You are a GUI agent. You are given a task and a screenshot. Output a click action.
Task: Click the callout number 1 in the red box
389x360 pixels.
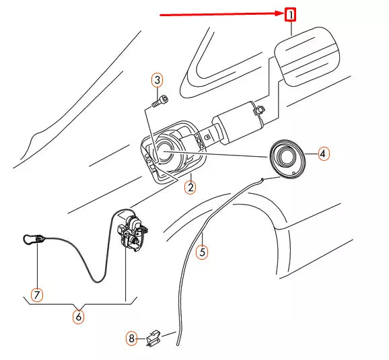(291, 14)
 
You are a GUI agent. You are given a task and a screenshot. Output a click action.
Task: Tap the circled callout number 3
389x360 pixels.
(157, 81)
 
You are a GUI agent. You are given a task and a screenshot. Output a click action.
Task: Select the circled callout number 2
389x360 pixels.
(190, 188)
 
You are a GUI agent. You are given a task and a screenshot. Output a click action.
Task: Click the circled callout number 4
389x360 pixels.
(323, 153)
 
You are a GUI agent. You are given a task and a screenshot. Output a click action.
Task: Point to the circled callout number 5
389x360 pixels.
(202, 252)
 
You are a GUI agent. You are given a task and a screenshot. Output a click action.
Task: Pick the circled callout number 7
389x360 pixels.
(37, 295)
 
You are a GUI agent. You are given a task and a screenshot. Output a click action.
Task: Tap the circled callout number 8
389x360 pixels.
(132, 338)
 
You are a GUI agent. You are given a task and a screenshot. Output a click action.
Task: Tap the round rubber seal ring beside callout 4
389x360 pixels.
(288, 159)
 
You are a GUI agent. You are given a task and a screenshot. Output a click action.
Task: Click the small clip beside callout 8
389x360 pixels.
(153, 336)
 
